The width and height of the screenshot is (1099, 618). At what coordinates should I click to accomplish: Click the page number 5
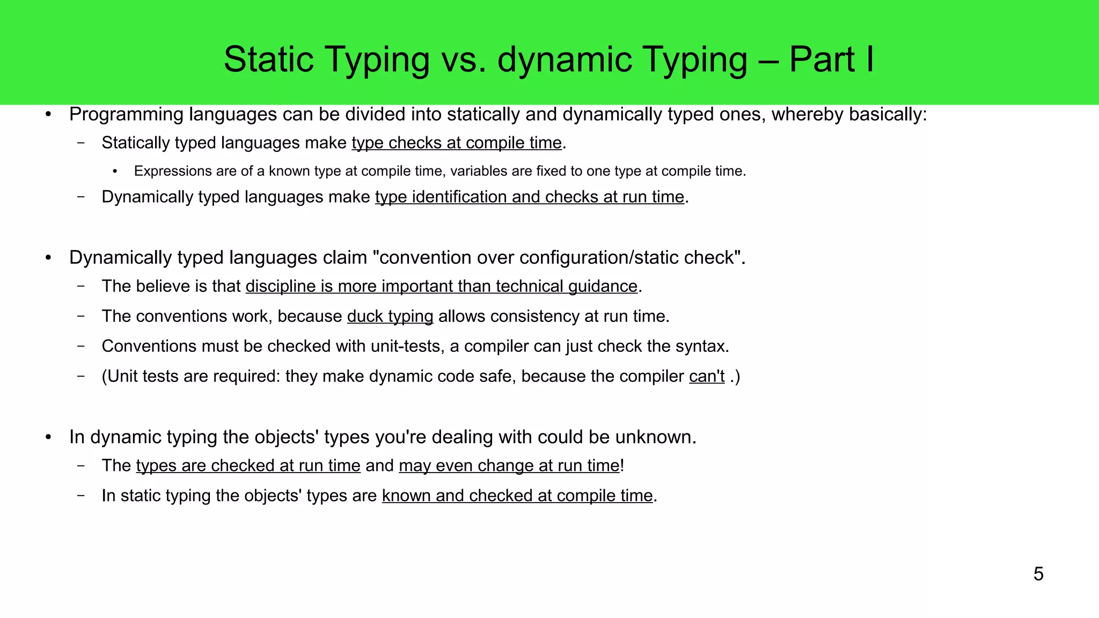pos(1038,574)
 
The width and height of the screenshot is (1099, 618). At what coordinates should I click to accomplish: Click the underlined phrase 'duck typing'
pos(390,317)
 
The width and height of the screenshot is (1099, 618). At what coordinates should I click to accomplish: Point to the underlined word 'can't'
pos(707,377)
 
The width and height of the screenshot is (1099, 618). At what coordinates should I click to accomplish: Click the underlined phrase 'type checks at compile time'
pos(457,143)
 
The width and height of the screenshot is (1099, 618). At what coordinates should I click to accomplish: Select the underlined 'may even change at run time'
pos(509,466)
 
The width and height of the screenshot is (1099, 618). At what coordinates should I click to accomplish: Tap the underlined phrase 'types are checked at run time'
pos(248,466)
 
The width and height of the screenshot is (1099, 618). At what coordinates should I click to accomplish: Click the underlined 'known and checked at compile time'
pos(517,496)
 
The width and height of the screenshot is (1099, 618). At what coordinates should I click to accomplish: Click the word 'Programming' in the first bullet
pos(127,115)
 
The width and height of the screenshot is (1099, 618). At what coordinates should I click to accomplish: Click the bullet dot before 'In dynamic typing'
pos(48,437)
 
